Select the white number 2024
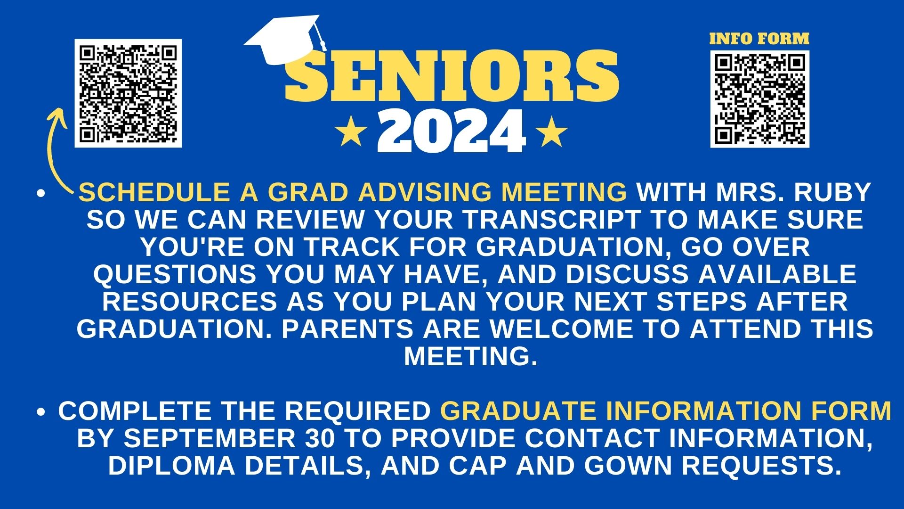pos(452,131)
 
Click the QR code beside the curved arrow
pos(128,93)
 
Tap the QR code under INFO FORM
pos(760,99)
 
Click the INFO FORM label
pos(759,39)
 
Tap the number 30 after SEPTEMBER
pos(320,438)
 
